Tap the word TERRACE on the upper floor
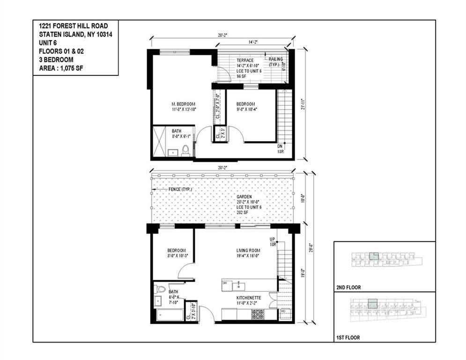(245, 60)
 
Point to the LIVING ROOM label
(248, 250)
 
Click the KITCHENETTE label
(248, 298)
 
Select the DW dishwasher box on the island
(225, 284)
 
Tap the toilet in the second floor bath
(185, 150)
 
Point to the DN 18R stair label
(280, 149)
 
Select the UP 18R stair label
(273, 241)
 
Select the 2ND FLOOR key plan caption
(348, 287)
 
